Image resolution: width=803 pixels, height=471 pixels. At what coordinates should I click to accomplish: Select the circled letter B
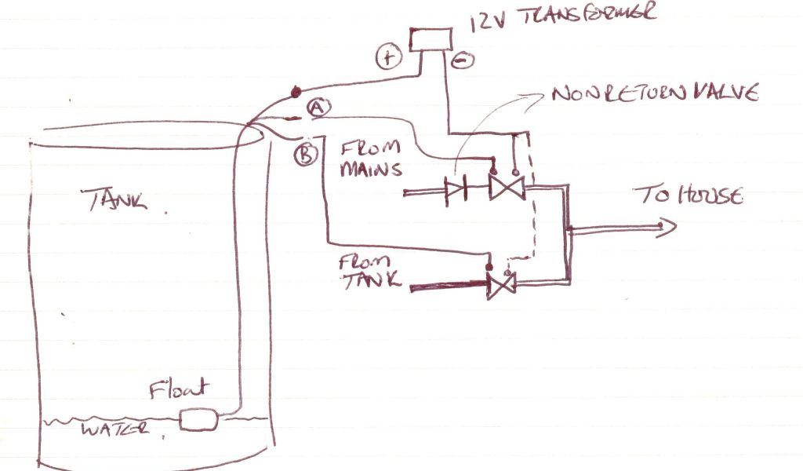click(x=305, y=153)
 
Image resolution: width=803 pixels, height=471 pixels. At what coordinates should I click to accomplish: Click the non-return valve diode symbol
click(x=456, y=188)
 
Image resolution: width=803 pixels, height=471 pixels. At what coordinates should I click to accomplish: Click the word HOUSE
click(x=708, y=195)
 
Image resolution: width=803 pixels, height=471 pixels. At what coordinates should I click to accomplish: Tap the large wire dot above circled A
click(x=296, y=92)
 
